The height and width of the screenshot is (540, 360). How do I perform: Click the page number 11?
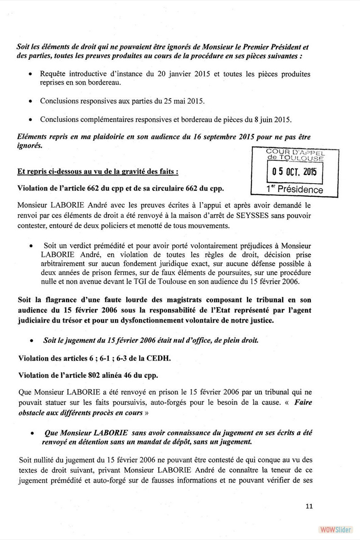click(x=309, y=505)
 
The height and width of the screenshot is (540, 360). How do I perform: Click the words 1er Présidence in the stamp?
click(x=295, y=189)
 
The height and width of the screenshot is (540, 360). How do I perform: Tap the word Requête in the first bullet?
click(x=54, y=73)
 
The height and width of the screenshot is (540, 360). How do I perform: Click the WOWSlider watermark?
click(x=333, y=529)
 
